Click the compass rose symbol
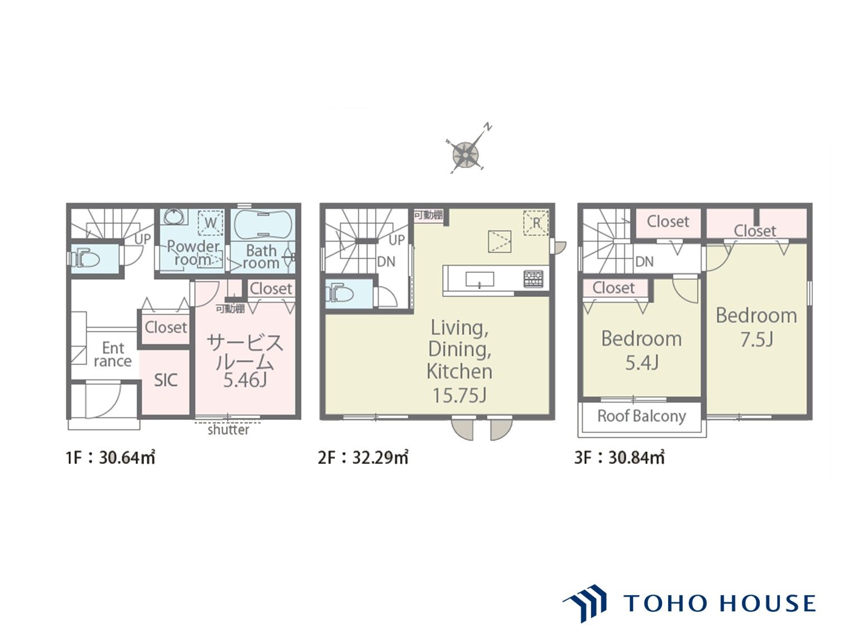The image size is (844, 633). click(x=466, y=154)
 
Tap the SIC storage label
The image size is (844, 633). click(x=166, y=380)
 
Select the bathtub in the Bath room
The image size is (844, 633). click(x=262, y=224)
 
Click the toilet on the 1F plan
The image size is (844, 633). click(x=87, y=257)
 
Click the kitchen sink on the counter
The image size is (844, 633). click(x=479, y=279)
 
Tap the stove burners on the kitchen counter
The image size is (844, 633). click(x=533, y=279)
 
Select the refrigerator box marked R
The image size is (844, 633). click(x=536, y=223)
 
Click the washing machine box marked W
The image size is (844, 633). click(x=210, y=223)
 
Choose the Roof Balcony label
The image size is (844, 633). click(x=641, y=416)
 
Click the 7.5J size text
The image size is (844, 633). click(x=756, y=340)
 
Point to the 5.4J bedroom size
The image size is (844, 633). click(x=641, y=363)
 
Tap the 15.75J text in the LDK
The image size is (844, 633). click(x=459, y=395)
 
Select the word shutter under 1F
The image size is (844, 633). click(x=228, y=430)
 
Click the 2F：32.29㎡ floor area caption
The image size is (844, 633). click(x=363, y=458)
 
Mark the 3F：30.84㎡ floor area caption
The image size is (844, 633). click(x=619, y=458)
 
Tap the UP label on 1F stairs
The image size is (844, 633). click(x=142, y=239)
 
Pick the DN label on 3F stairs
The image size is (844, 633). click(x=644, y=262)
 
